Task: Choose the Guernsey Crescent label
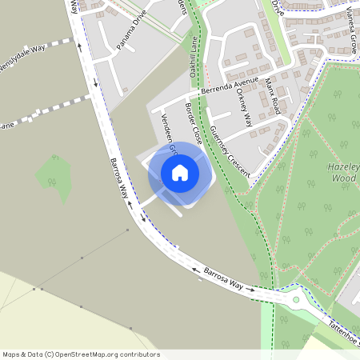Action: click(x=229, y=151)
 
